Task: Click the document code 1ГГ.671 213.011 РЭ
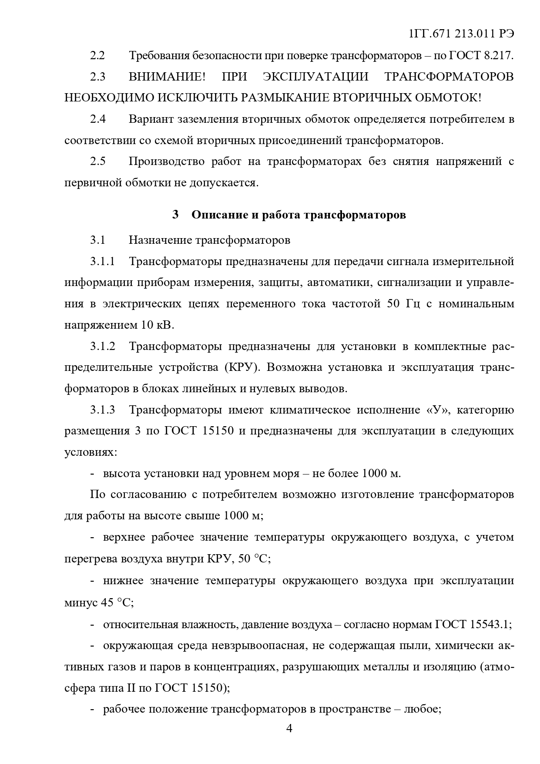[x=462, y=34]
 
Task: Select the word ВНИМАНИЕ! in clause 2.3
[x=167, y=77]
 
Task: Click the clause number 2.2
[x=97, y=56]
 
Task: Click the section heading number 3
[x=175, y=215]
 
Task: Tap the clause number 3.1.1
[x=103, y=261]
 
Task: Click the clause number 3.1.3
[x=103, y=410]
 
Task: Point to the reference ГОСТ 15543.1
[x=472, y=625]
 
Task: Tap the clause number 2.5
[x=97, y=162]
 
